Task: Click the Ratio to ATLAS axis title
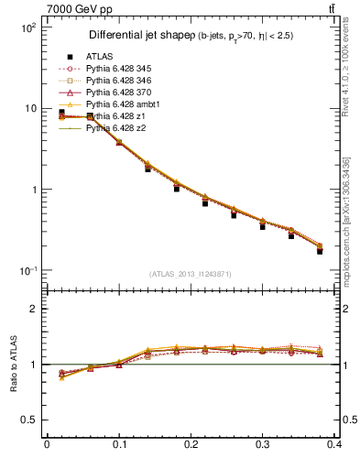[15, 365]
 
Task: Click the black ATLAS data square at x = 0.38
[320, 251]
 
